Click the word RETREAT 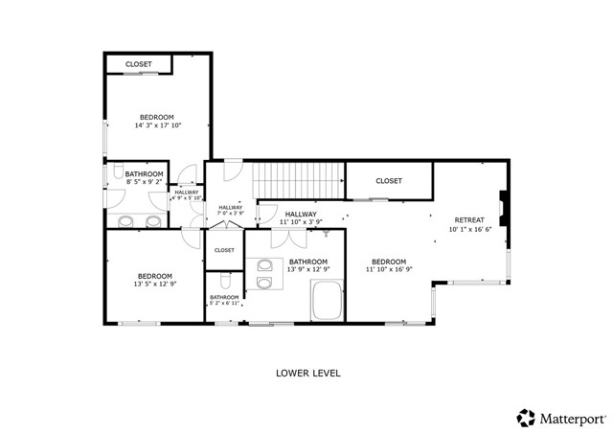470,219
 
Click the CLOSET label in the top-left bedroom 140,65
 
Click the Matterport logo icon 526,418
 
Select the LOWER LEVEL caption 307,373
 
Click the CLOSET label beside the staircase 388,180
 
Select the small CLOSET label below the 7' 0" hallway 224,250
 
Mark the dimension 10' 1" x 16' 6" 470,230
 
